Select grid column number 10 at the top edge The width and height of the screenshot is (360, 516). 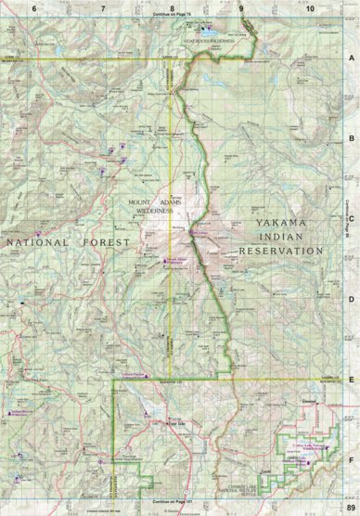pyautogui.click(x=309, y=7)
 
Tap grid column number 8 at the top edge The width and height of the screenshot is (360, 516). pyautogui.click(x=172, y=7)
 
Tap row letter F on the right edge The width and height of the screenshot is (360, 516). pyautogui.click(x=352, y=458)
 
